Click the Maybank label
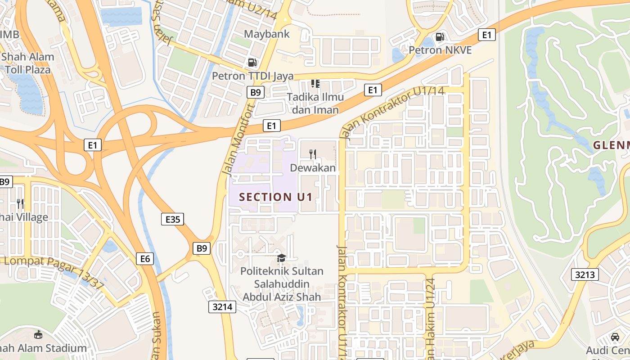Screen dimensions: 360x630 267,34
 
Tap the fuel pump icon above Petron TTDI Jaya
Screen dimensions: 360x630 252,63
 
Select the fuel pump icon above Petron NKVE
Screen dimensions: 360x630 440,37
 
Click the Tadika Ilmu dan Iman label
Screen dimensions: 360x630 315,103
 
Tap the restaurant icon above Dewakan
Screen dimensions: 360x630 313,154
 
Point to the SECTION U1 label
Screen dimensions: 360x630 275,197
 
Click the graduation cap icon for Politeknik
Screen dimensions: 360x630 281,258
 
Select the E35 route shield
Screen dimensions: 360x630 172,219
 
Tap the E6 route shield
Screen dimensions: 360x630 145,259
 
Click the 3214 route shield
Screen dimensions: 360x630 222,307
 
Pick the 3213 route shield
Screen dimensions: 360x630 585,274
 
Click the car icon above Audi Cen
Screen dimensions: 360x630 615,337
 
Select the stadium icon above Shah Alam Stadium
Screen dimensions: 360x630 39,335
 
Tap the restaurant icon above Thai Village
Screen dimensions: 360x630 20,203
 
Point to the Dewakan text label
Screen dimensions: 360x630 313,168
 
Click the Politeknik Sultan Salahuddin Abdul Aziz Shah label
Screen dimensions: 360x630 282,284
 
